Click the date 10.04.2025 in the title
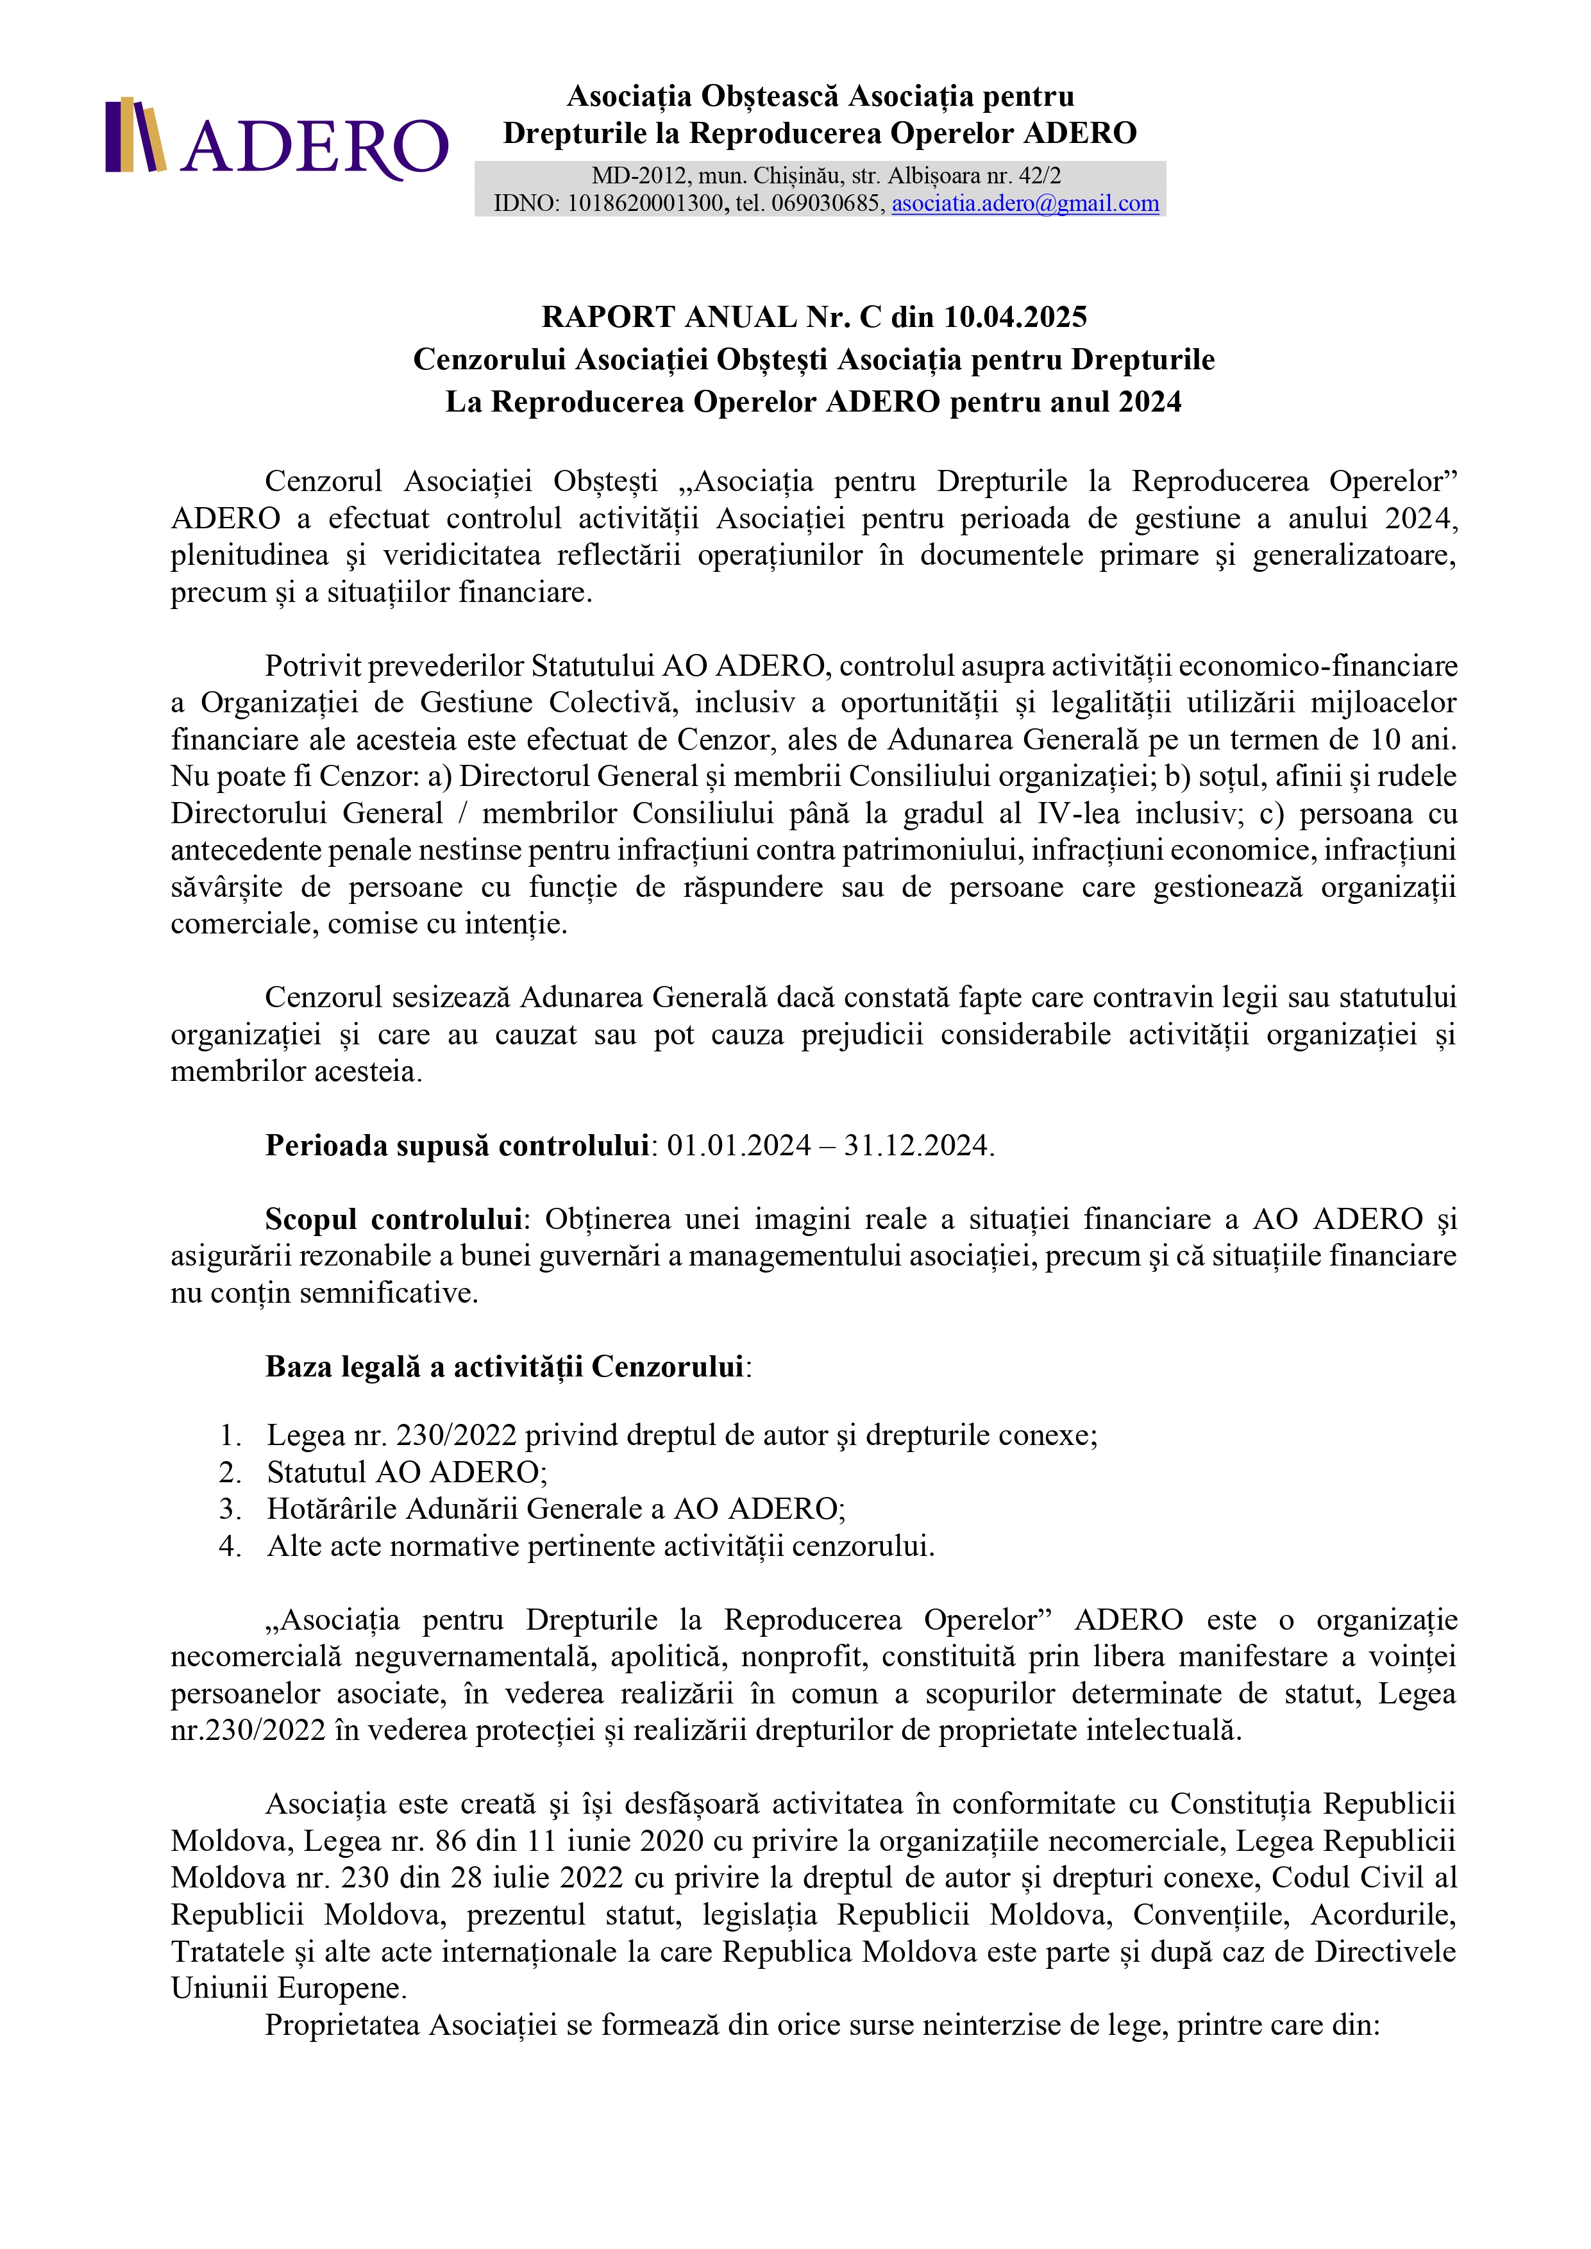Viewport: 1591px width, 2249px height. [x=1015, y=317]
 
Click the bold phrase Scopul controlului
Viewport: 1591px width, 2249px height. [x=393, y=1219]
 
